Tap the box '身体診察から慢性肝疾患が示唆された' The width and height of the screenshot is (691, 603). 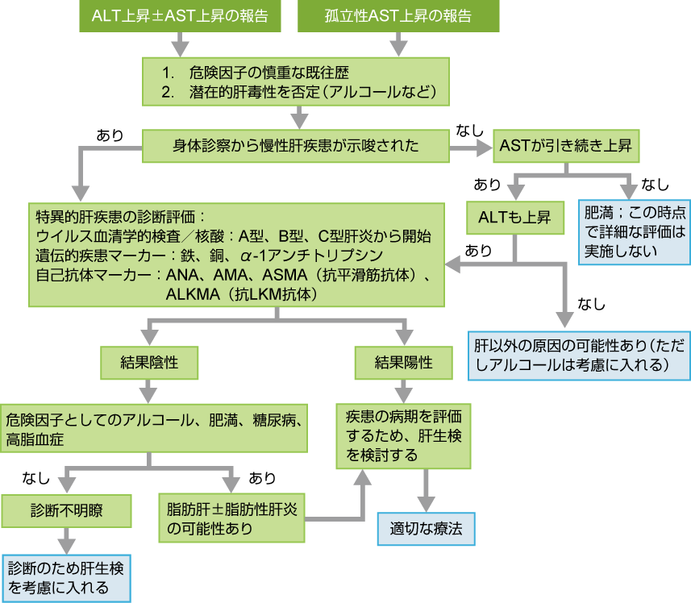coord(296,146)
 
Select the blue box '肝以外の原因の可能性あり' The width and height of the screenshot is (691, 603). coord(579,355)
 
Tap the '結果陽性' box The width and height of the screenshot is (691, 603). coord(403,362)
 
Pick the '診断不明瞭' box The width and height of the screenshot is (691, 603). coord(68,510)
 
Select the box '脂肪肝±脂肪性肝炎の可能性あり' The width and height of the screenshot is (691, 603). coord(232,518)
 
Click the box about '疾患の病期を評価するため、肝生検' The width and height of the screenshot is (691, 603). coord(403,435)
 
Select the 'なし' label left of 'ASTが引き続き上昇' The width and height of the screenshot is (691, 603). coord(470,130)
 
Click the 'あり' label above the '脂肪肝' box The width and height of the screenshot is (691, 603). coord(262,478)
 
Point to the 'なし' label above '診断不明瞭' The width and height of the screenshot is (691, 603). coord(36,478)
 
